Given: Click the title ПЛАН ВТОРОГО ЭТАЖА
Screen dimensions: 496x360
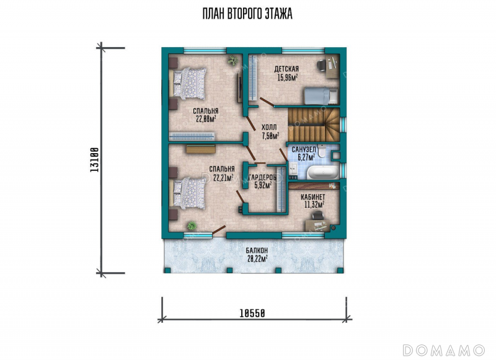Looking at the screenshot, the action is click(x=247, y=14).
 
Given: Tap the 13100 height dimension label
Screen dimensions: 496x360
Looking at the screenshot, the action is click(x=95, y=160).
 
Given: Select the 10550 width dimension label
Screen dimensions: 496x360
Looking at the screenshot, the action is click(x=252, y=314).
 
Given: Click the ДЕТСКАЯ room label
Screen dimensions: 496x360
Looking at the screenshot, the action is click(x=286, y=69).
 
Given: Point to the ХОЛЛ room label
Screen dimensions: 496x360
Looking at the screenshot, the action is click(x=269, y=128).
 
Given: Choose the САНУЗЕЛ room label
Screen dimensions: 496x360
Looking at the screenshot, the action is click(x=304, y=149).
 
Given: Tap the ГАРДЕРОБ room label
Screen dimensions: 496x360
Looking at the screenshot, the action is click(x=263, y=178).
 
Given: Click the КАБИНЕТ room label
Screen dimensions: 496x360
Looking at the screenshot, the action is click(x=313, y=197).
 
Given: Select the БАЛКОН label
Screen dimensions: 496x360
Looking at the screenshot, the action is click(x=257, y=251).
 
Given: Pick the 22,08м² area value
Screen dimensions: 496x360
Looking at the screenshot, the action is click(x=206, y=119).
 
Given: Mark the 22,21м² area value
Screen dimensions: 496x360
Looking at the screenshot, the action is click(x=223, y=178).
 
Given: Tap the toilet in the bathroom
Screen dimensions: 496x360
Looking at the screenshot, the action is click(x=322, y=151).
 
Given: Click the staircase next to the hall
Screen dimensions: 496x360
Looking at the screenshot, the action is click(x=313, y=125).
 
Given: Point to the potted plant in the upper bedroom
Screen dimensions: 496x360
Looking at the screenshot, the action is click(x=233, y=60).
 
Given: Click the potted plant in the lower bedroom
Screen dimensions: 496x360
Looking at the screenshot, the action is click(x=192, y=226).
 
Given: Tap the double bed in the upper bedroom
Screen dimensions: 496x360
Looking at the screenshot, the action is click(x=188, y=84).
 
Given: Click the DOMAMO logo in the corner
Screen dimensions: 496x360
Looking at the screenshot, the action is click(x=444, y=350).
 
